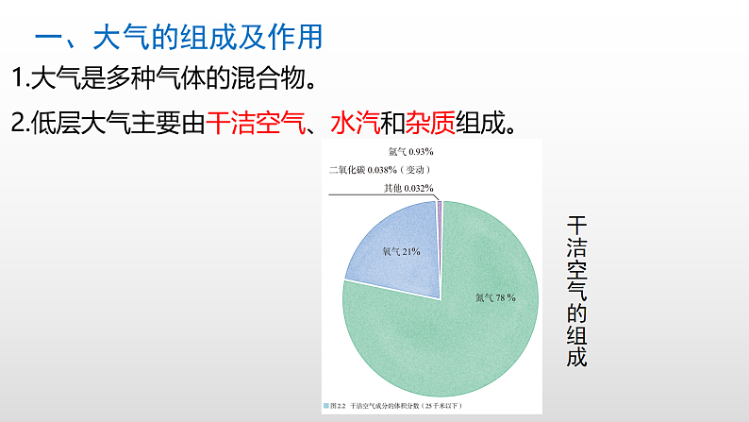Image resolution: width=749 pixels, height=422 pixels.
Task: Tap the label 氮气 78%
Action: click(x=495, y=297)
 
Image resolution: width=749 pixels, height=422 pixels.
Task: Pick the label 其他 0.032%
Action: click(x=408, y=188)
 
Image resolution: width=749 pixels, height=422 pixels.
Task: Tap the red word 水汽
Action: click(x=354, y=123)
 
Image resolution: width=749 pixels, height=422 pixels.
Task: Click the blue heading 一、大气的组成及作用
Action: click(x=178, y=38)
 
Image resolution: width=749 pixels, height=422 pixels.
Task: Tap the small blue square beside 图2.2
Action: click(x=327, y=406)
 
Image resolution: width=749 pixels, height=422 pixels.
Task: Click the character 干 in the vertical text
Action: click(x=576, y=228)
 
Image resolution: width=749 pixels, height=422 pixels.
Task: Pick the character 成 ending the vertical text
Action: click(x=576, y=358)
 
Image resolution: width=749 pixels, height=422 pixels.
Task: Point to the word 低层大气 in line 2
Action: click(x=73, y=123)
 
